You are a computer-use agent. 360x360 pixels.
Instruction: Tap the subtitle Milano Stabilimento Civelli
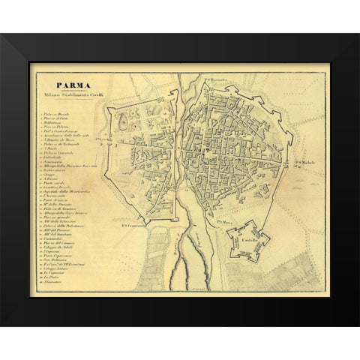(67, 95)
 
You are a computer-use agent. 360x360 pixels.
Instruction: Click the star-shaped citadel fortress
(250, 238)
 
